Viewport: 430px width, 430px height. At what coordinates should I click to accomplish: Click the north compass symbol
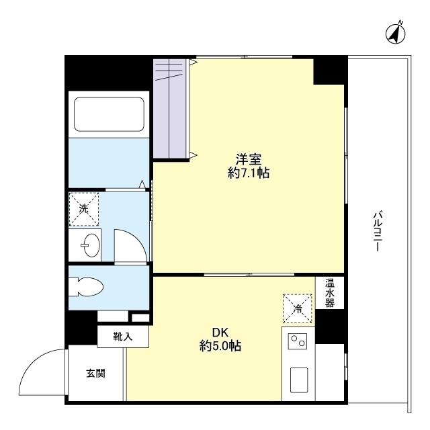pos(396,34)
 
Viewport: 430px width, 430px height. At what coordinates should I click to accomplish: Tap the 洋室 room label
pos(249,159)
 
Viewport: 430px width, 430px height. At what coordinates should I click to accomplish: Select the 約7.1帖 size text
pos(249,173)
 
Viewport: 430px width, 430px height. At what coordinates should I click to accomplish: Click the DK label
pos(220,333)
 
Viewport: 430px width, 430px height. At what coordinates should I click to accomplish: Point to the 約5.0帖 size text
pos(220,346)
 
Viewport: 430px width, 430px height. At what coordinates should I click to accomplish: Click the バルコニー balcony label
pos(378,231)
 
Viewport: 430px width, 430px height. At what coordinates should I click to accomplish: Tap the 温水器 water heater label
pos(330,293)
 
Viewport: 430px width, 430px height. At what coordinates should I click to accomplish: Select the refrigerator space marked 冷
pos(298,308)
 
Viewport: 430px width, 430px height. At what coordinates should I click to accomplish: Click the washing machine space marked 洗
pos(83,209)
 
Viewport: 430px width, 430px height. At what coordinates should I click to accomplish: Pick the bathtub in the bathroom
pos(109,114)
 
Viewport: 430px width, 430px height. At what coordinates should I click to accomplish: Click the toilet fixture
pos(85,288)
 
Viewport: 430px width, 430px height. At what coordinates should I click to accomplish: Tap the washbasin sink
pos(91,245)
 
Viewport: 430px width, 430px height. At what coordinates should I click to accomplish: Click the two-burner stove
pos(298,341)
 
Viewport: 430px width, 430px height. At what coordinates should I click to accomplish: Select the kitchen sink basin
pos(299,380)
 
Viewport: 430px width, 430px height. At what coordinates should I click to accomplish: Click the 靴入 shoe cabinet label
pos(123,336)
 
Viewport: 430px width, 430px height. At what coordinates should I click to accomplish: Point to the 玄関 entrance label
pos(95,374)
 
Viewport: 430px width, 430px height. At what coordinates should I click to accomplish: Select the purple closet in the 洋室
pos(171,109)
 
